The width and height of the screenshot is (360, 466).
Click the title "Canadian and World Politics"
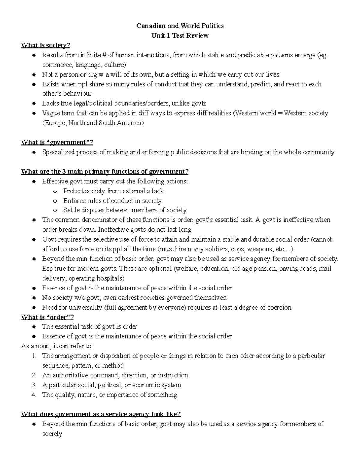click(180, 26)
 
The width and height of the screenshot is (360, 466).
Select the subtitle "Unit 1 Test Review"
click(180, 36)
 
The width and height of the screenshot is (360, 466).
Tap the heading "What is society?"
click(46, 45)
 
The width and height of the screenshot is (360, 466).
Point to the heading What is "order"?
click(47, 317)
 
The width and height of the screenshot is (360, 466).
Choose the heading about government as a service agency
click(101, 414)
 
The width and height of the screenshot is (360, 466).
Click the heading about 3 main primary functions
click(105, 172)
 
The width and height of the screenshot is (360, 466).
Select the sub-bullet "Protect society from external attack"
click(113, 191)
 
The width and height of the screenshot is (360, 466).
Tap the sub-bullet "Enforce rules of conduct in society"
click(112, 201)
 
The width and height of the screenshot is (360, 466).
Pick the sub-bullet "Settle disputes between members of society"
click(125, 210)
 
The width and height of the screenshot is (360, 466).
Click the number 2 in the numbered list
click(34, 375)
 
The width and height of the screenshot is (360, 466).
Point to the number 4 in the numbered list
click(34, 395)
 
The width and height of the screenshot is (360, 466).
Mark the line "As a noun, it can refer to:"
click(57, 346)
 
